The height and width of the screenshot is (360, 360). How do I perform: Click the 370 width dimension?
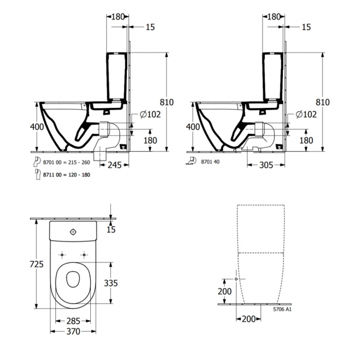point(73,331)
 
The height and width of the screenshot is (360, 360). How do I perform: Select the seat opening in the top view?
point(73,280)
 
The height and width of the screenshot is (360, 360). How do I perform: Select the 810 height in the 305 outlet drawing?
point(322,102)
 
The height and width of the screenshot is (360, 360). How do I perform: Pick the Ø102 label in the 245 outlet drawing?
point(151,114)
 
